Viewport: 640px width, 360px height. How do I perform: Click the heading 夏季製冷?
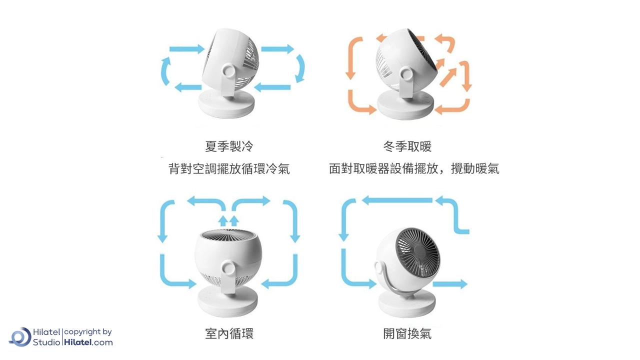[229, 146]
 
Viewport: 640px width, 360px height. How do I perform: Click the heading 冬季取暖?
[407, 146]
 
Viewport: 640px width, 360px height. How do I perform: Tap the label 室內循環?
[229, 333]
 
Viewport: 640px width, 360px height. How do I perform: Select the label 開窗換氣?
[407, 333]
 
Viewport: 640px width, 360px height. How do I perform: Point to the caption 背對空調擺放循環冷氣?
[229, 168]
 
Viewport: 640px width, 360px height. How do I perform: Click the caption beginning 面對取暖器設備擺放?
[414, 168]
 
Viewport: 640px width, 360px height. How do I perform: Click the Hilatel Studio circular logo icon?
[20, 337]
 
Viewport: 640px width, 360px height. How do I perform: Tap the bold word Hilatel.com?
[88, 342]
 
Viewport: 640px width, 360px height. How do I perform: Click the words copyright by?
[87, 332]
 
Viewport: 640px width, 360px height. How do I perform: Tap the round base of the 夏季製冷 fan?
[226, 103]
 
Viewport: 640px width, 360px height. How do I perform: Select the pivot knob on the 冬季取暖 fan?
[407, 73]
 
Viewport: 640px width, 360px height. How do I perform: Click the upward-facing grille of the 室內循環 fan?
[227, 235]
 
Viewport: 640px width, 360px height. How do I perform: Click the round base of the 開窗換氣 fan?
[407, 302]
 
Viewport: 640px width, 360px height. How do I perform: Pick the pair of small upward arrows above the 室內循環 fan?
[228, 221]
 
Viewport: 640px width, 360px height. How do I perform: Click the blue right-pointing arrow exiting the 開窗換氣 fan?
[450, 284]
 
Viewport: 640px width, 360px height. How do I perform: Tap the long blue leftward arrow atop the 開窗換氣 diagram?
[397, 200]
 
